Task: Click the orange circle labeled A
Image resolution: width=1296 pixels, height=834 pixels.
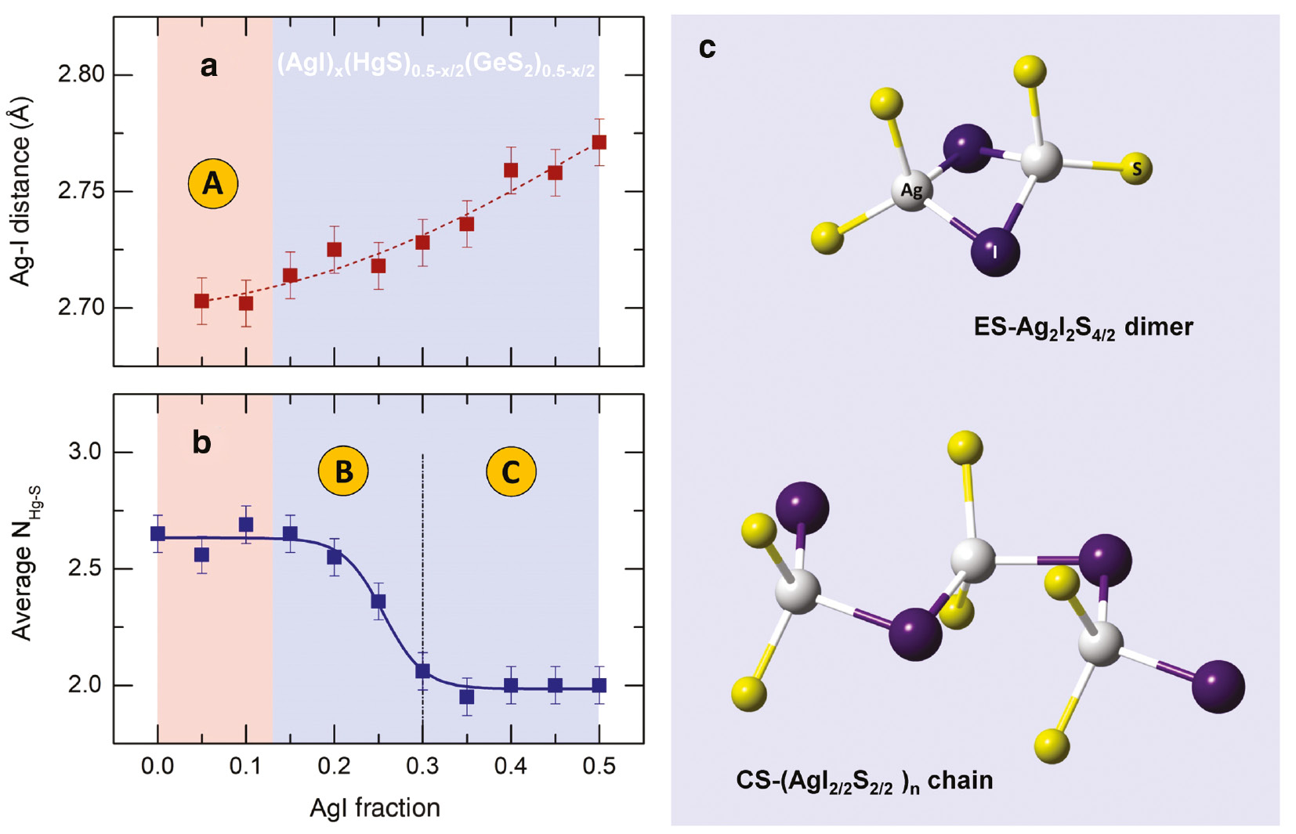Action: tap(212, 184)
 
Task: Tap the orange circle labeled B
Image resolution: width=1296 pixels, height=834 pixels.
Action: tap(342, 471)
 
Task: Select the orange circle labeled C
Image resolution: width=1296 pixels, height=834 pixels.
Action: tap(511, 471)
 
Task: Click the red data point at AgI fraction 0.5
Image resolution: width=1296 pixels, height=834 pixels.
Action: tap(599, 143)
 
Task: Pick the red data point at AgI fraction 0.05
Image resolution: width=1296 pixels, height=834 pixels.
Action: tap(201, 301)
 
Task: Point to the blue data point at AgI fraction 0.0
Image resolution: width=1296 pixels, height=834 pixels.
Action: tap(157, 534)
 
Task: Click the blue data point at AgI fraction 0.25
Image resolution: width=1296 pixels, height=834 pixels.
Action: tap(378, 601)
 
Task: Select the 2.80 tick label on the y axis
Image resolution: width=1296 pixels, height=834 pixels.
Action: tap(81, 75)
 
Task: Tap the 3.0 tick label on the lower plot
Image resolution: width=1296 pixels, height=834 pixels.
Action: tap(84, 453)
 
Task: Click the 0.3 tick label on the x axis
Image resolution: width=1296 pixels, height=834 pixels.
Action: tap(422, 766)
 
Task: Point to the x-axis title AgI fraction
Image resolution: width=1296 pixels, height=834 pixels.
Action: tap(375, 807)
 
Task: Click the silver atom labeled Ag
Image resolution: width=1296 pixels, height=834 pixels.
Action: tap(911, 190)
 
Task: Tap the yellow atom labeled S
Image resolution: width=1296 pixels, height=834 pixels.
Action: tap(1136, 168)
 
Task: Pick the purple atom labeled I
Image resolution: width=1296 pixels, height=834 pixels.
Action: tap(995, 251)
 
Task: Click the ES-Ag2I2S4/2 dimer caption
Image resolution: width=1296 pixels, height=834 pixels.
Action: tap(1083, 327)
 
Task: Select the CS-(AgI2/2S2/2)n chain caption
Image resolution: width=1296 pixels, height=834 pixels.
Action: tap(864, 781)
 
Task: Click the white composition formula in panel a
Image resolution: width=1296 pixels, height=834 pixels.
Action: tap(436, 64)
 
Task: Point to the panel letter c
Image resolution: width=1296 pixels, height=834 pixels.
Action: tap(707, 49)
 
